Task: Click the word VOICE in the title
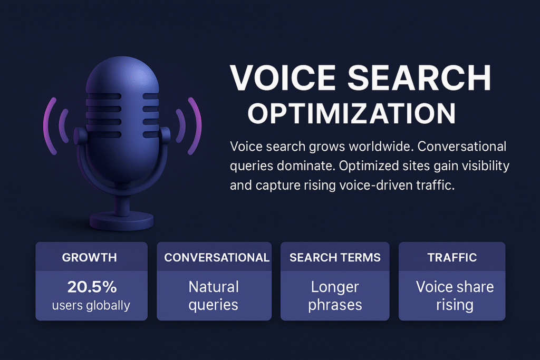[283, 77]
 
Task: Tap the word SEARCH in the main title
[419, 77]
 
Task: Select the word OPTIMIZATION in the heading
[352, 113]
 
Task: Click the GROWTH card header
[90, 257]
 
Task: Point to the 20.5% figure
[92, 287]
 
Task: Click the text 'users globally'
[91, 305]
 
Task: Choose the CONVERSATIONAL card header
[217, 257]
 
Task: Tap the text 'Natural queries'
[214, 296]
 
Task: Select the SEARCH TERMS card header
[335, 257]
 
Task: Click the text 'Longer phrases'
[335, 296]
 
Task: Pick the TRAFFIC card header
[452, 257]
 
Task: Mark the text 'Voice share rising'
[455, 296]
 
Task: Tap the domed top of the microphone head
[122, 74]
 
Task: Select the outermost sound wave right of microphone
[195, 126]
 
